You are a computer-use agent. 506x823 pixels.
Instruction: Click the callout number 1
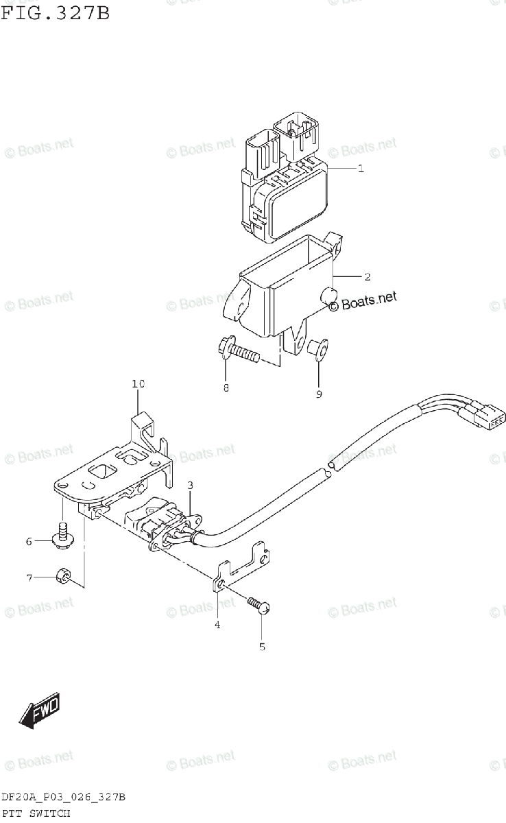click(x=361, y=168)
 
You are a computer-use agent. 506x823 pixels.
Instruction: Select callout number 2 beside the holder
click(x=368, y=276)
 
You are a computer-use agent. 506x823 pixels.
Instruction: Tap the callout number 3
click(x=191, y=486)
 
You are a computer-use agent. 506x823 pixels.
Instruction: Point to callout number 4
click(x=217, y=624)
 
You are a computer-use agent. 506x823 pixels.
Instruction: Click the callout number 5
click(x=262, y=646)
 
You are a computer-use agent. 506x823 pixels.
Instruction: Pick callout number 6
click(x=29, y=542)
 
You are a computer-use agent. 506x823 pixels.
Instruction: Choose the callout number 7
click(x=29, y=578)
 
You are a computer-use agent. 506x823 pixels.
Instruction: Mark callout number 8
click(x=226, y=389)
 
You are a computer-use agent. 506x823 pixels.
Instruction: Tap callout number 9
click(x=319, y=394)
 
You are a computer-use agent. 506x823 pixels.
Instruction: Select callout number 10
click(x=138, y=384)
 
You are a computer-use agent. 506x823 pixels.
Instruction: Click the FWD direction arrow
click(x=38, y=709)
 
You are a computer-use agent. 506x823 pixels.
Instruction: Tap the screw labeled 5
click(x=260, y=605)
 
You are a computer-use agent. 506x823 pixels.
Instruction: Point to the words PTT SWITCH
click(x=36, y=813)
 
